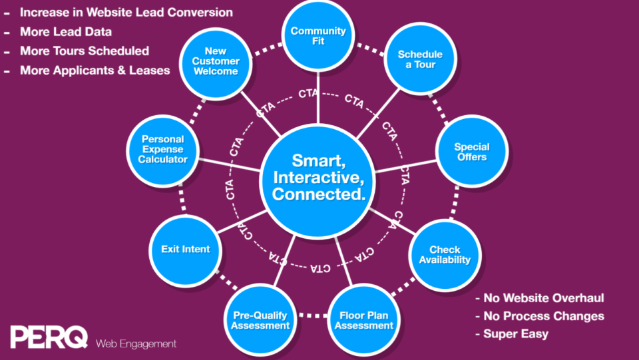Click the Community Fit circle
tap(318, 36)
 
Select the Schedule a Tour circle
tap(416, 60)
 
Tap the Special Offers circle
tap(471, 152)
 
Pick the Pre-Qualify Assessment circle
tap(261, 320)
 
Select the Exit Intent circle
tap(185, 250)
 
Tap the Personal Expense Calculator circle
tap(163, 150)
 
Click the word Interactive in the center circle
tap(318, 177)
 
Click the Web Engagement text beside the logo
tap(136, 344)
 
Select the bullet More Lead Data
tap(65, 32)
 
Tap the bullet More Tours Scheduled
tap(84, 51)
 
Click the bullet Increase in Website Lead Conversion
tap(126, 13)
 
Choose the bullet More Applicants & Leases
tap(95, 71)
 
